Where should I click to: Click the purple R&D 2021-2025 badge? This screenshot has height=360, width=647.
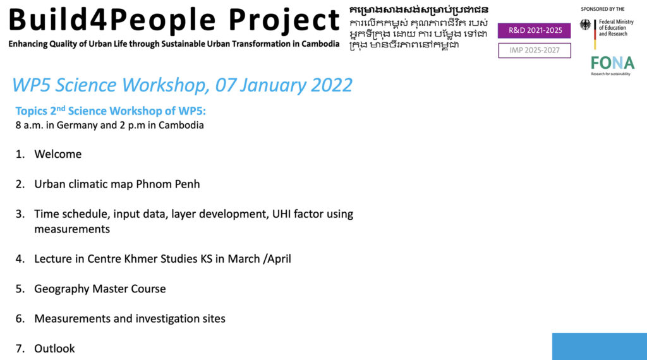pos(534,30)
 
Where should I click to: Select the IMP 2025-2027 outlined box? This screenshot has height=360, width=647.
pos(535,51)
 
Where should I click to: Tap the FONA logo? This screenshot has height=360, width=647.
pos(612,66)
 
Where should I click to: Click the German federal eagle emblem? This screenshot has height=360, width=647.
pos(585,25)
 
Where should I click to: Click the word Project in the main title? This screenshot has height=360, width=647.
pos(284,20)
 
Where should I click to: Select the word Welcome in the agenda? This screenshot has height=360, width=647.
pos(57,154)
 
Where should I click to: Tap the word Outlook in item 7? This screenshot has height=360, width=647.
pos(54,349)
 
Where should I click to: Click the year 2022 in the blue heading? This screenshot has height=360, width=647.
pos(331,85)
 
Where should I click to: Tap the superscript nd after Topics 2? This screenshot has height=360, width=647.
pos(61,109)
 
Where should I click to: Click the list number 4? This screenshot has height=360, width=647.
pos(20,259)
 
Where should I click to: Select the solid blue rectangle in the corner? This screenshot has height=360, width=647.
pos(600,346)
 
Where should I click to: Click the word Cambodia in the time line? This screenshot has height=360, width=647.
pos(181,125)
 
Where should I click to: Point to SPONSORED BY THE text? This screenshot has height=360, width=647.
pos(602,9)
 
